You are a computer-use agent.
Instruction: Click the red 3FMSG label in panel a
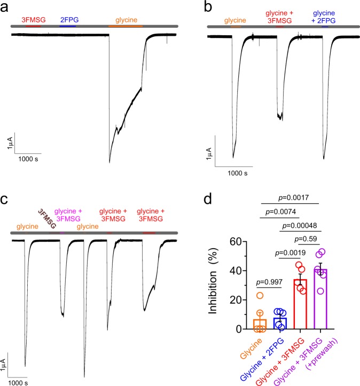pyautogui.click(x=33, y=20)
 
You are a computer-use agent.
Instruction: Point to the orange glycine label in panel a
pyautogui.click(x=126, y=20)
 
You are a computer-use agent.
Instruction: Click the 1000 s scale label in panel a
pyautogui.click(x=28, y=159)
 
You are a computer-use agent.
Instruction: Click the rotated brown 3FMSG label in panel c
pyautogui.click(x=48, y=218)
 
